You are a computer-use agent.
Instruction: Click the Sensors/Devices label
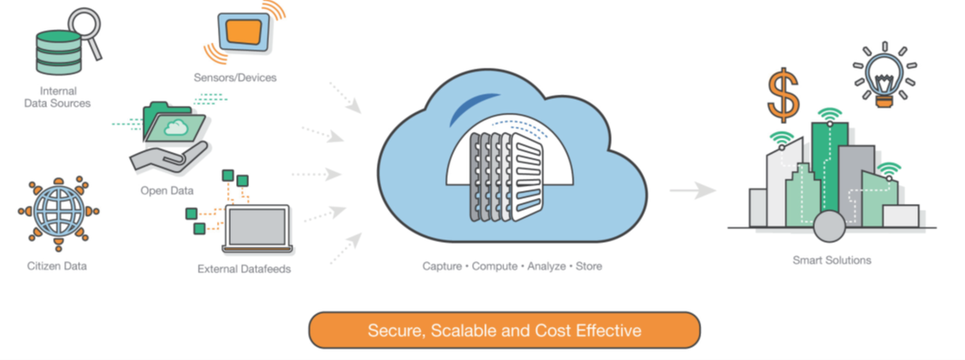235,77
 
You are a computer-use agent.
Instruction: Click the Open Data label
167,189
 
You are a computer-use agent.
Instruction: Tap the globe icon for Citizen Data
58,212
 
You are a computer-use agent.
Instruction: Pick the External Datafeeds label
244,269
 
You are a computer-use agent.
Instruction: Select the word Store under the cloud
588,266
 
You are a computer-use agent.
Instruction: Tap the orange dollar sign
784,95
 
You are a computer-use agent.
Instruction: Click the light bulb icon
884,75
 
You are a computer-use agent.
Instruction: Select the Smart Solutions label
831,259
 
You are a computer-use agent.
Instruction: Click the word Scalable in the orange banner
461,331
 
